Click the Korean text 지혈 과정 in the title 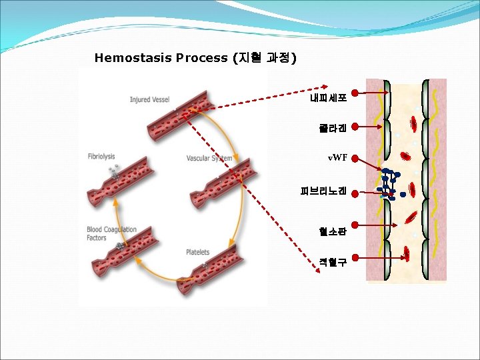[263, 58]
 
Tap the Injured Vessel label [149, 100]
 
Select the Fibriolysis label [101, 157]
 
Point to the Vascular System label [209, 159]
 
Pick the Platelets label [197, 252]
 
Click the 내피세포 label [328, 99]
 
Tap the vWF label [337, 158]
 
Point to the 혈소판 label [333, 231]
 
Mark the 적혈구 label [333, 262]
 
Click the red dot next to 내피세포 [357, 93]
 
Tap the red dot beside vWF [357, 159]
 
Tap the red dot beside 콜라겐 [357, 125]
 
